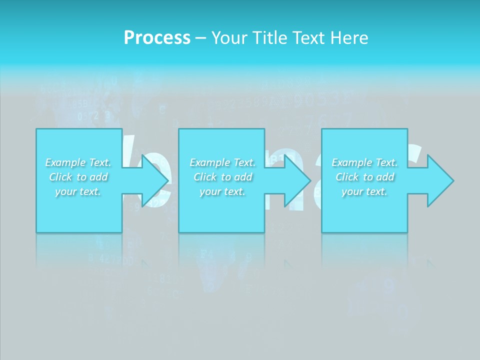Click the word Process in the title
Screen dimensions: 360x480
[157, 38]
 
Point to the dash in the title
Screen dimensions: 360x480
[200, 38]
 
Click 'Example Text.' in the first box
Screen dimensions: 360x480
[78, 162]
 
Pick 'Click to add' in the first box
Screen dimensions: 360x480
[78, 177]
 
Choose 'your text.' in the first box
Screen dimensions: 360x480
[78, 191]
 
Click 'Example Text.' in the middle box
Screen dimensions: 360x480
[222, 162]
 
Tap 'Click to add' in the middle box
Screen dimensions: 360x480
[222, 177]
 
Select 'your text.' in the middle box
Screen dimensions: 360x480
[222, 191]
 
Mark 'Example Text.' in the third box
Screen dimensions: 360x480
[364, 162]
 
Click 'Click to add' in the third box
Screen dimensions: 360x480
[364, 177]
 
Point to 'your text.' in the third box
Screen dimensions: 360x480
[364, 191]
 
